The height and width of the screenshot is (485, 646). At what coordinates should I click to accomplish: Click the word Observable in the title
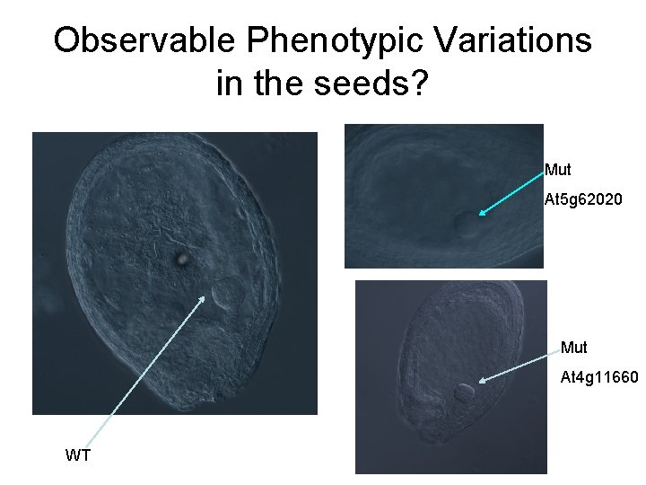pos(143,41)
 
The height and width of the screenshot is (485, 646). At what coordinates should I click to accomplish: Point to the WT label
pos(78,455)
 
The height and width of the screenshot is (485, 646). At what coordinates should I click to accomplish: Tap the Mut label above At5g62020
pos(557,170)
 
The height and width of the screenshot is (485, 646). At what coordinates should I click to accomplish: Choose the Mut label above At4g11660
pos(574,347)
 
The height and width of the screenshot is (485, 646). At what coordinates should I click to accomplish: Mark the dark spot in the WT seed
pos(182,259)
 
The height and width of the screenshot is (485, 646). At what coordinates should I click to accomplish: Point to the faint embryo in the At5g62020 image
pos(464,225)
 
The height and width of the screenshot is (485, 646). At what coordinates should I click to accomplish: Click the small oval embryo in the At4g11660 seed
pos(464,392)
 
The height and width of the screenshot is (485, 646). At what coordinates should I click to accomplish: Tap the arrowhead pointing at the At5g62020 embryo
pos(481,214)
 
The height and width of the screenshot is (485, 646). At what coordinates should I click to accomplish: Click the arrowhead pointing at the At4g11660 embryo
pos(482,382)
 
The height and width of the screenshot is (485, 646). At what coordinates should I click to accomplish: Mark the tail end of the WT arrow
pos(95,443)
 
